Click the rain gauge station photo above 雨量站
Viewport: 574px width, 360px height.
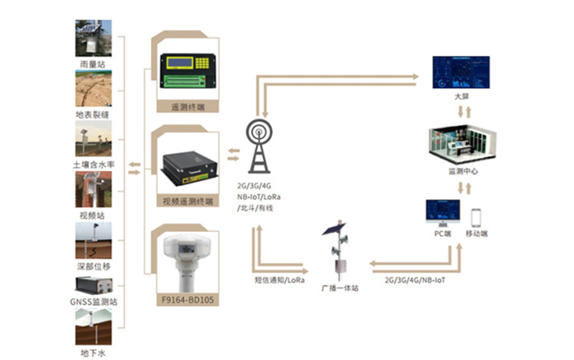click(x=93, y=38)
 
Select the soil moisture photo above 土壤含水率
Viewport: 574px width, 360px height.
click(x=93, y=139)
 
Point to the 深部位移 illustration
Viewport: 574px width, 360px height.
click(x=93, y=241)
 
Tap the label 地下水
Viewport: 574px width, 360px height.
click(x=93, y=352)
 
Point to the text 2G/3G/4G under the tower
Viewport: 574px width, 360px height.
click(x=256, y=186)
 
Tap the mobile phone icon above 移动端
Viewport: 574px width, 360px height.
click(x=476, y=218)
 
